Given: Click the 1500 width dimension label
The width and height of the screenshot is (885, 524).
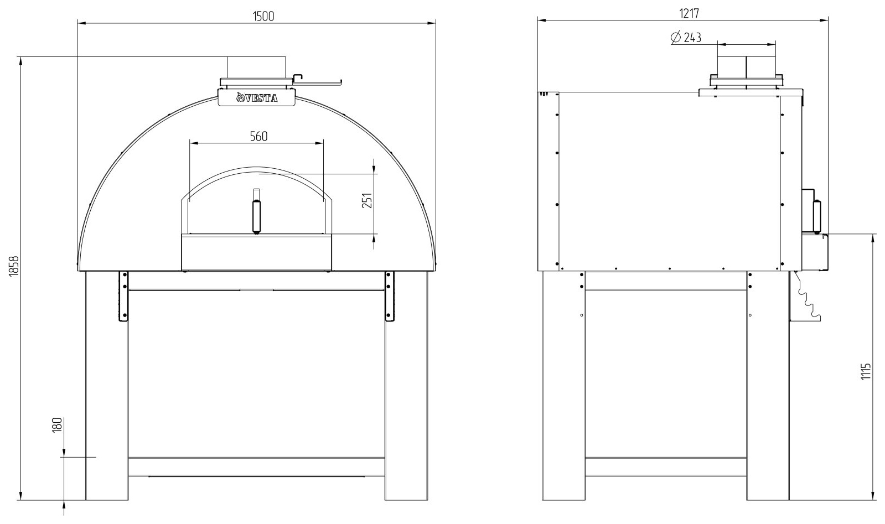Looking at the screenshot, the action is (263, 16).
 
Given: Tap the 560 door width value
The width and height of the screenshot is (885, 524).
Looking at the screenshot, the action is (259, 136).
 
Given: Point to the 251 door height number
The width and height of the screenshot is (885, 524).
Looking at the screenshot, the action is (367, 200).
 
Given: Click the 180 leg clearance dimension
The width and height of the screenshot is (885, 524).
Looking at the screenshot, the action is (58, 426).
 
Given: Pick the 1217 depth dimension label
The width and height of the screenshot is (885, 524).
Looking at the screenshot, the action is (689, 13).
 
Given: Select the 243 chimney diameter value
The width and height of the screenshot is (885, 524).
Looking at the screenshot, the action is (692, 38).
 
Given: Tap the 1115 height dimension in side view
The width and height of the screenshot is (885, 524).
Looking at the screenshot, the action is (863, 371).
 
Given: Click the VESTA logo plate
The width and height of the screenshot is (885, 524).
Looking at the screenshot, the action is (257, 97).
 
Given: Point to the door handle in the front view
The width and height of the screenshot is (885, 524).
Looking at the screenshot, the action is (257, 211).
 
